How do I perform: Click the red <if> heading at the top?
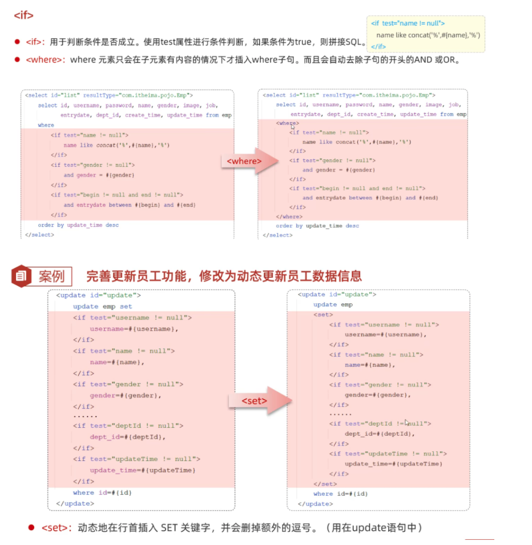tap(23, 15)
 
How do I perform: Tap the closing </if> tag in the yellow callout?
tap(378, 46)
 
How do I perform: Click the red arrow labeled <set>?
tap(255, 400)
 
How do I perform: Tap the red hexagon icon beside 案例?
tap(22, 276)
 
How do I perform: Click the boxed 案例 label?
tap(51, 277)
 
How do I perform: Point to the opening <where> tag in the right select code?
tap(287, 123)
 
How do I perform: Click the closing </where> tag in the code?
tap(289, 217)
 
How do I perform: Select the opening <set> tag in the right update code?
tap(323, 315)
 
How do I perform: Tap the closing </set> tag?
tap(325, 484)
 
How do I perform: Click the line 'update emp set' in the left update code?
tap(102, 307)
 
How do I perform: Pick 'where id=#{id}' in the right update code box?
tap(340, 494)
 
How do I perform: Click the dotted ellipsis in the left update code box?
tap(85, 416)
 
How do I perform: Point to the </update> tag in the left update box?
tap(75, 503)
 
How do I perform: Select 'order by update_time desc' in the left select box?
tap(78, 225)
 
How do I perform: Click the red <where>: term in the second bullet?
tap(46, 59)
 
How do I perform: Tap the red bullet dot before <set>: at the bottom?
tap(31, 527)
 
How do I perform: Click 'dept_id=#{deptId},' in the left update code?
tap(127, 437)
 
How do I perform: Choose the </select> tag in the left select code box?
tap(39, 235)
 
